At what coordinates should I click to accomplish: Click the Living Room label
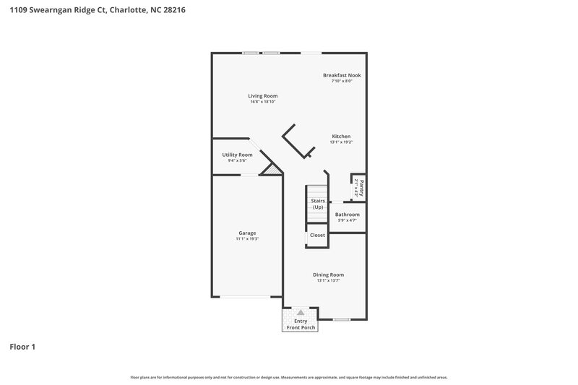263,96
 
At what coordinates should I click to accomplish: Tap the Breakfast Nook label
342,75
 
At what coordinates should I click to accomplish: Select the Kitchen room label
341,137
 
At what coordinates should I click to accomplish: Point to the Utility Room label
237,155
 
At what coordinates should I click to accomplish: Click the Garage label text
247,233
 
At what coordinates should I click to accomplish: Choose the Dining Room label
328,274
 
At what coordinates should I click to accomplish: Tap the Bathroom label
347,215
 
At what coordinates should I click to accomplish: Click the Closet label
317,235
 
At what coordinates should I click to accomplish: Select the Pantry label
361,186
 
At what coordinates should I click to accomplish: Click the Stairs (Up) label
318,204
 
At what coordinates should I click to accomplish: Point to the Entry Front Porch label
300,324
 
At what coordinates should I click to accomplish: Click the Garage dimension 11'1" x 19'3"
247,238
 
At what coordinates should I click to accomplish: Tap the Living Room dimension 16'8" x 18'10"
263,102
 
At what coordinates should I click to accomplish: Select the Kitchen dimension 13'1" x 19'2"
341,142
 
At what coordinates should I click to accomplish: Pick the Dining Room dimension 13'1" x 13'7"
328,280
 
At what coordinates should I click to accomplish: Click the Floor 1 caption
22,347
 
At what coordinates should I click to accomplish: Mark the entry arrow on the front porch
300,312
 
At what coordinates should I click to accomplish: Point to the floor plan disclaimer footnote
289,377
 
